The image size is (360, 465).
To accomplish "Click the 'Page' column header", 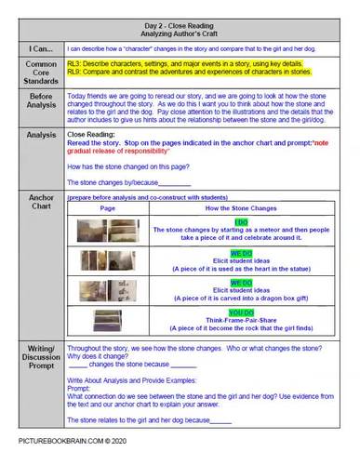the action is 107,207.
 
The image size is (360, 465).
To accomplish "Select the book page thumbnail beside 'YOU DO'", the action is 106,320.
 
